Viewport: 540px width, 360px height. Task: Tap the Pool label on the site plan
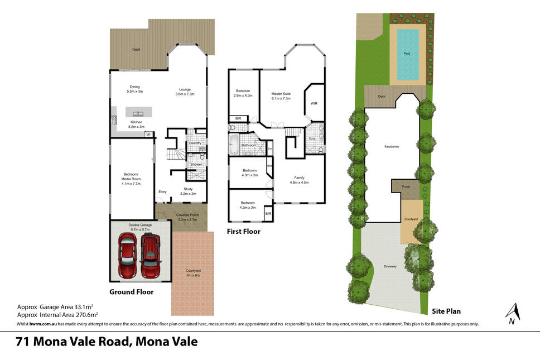coord(407,54)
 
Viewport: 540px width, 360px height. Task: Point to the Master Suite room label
coord(281,96)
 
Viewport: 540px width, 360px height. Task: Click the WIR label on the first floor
coord(314,103)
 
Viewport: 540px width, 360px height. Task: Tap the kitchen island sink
coord(138,113)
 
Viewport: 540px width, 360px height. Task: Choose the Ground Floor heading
coord(132,292)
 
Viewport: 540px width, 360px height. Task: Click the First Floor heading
coord(243,232)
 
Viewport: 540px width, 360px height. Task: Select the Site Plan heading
coord(446,311)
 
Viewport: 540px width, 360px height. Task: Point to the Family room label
coord(299,180)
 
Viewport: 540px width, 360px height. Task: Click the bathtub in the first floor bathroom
coord(234,145)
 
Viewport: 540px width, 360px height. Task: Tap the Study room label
coord(188,191)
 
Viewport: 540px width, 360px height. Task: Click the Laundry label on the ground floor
coord(195,143)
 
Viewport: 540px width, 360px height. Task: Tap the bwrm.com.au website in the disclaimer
coord(43,324)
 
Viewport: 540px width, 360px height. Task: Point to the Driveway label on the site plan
coord(390,266)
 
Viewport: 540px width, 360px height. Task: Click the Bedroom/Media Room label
coord(131,179)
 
